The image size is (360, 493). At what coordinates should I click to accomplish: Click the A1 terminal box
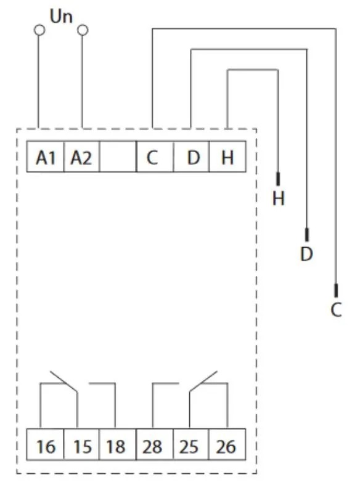pyautogui.click(x=45, y=157)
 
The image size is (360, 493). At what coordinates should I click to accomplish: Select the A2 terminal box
pyautogui.click(x=81, y=157)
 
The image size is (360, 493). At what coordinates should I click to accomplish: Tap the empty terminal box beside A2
pyautogui.click(x=118, y=157)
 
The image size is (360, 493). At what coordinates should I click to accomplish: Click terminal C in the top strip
pyautogui.click(x=155, y=157)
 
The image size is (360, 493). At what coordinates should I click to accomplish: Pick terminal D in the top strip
pyautogui.click(x=191, y=157)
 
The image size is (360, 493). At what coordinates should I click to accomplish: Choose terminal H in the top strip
pyautogui.click(x=227, y=157)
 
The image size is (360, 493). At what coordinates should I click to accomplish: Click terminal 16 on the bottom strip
pyautogui.click(x=45, y=444)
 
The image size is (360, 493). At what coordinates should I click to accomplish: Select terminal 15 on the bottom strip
pyautogui.click(x=81, y=444)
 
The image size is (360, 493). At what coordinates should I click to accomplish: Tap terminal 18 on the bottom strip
pyautogui.click(x=118, y=444)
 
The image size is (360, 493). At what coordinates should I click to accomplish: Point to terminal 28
pyautogui.click(x=155, y=444)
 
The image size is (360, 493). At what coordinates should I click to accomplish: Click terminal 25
pyautogui.click(x=190, y=444)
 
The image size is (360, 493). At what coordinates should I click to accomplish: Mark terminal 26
pyautogui.click(x=227, y=444)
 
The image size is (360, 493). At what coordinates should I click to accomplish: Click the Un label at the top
pyautogui.click(x=61, y=17)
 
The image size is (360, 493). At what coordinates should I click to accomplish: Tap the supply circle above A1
pyautogui.click(x=39, y=30)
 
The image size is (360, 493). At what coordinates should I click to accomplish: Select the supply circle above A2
pyautogui.click(x=83, y=30)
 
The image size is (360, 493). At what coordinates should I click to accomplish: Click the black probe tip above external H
pyautogui.click(x=278, y=179)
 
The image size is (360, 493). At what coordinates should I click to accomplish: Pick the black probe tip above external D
pyautogui.click(x=307, y=235)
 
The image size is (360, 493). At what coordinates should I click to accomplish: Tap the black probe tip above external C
pyautogui.click(x=336, y=290)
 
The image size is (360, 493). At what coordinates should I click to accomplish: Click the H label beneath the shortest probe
pyautogui.click(x=279, y=198)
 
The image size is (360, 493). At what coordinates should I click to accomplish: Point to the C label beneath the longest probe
pyautogui.click(x=336, y=310)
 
